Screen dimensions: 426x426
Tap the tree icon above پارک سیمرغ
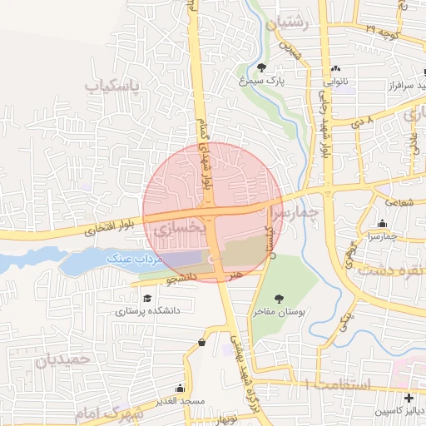coord(262,67)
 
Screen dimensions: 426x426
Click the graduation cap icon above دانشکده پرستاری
coord(147,298)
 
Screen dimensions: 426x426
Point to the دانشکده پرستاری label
coord(147,310)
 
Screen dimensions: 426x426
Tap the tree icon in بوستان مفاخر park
coord(279,299)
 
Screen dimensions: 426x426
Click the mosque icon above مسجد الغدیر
coord(181,389)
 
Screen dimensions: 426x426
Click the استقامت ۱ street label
coord(333,384)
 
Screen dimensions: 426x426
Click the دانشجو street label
coord(177,277)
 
